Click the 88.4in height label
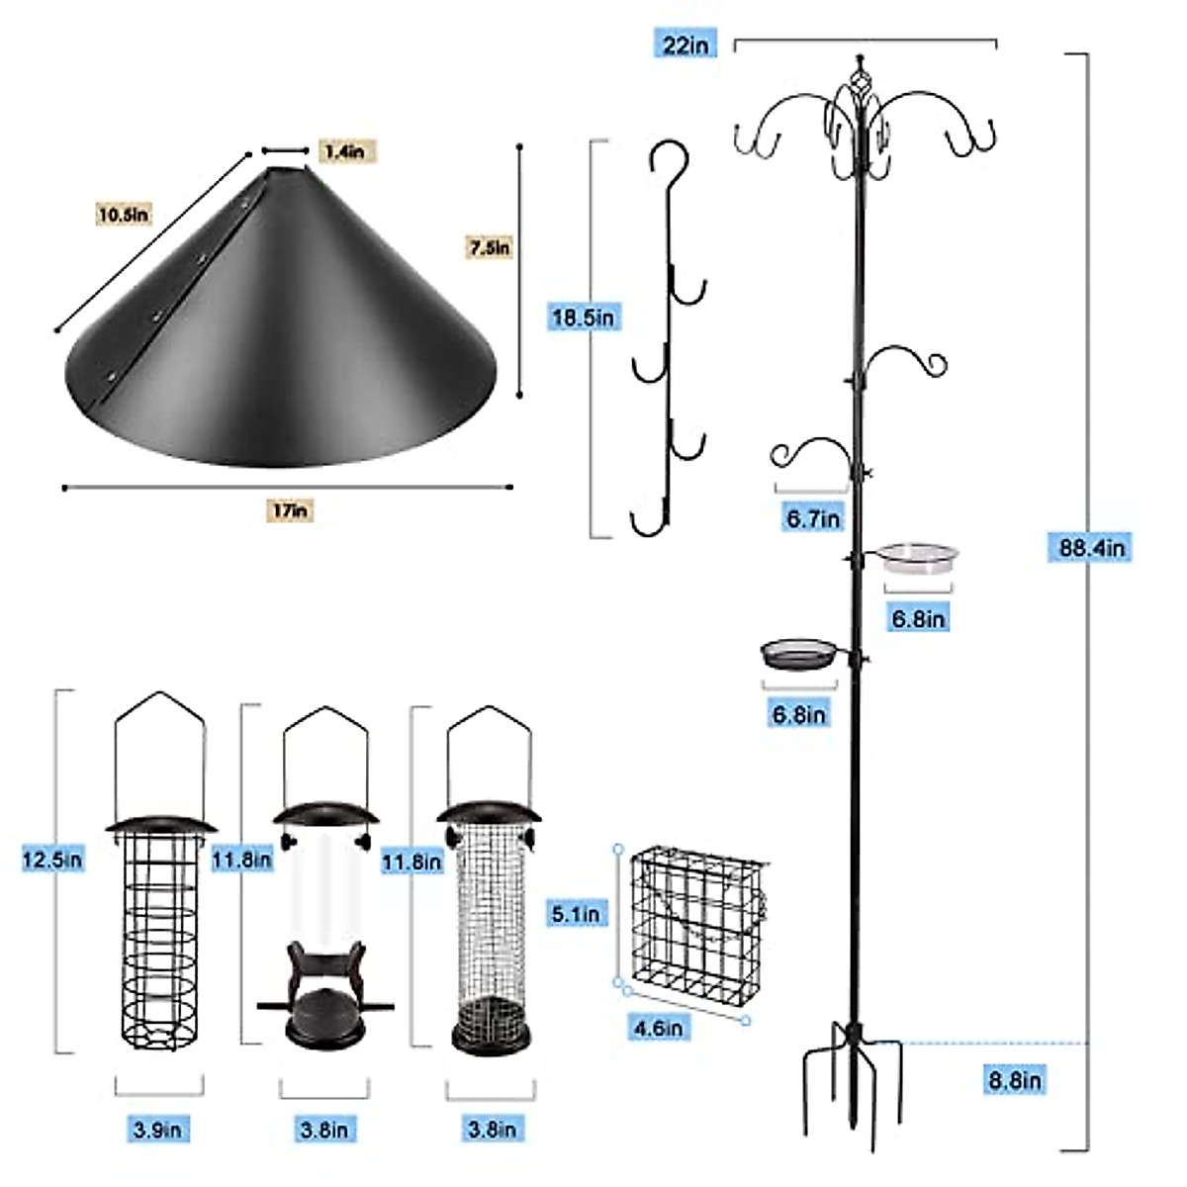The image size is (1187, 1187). pyautogui.click(x=1086, y=547)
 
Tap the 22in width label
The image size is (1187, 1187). pyautogui.click(x=685, y=44)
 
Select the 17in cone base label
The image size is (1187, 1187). pyautogui.click(x=290, y=510)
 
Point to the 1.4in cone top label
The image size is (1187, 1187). pyautogui.click(x=343, y=151)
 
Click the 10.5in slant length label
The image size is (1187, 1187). pyautogui.click(x=124, y=213)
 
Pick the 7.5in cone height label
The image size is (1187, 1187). pyautogui.click(x=489, y=247)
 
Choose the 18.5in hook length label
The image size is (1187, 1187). pyautogui.click(x=584, y=318)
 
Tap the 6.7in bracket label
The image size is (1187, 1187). pyautogui.click(x=813, y=517)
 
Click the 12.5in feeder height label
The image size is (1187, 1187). pyautogui.click(x=52, y=859)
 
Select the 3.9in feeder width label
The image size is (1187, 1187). pyautogui.click(x=157, y=1129)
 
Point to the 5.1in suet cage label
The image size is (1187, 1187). pyautogui.click(x=576, y=913)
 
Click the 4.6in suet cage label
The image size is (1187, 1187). pyautogui.click(x=658, y=1028)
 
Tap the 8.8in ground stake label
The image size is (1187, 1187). pyautogui.click(x=1015, y=1080)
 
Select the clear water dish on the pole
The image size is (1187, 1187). pyautogui.click(x=919, y=558)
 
